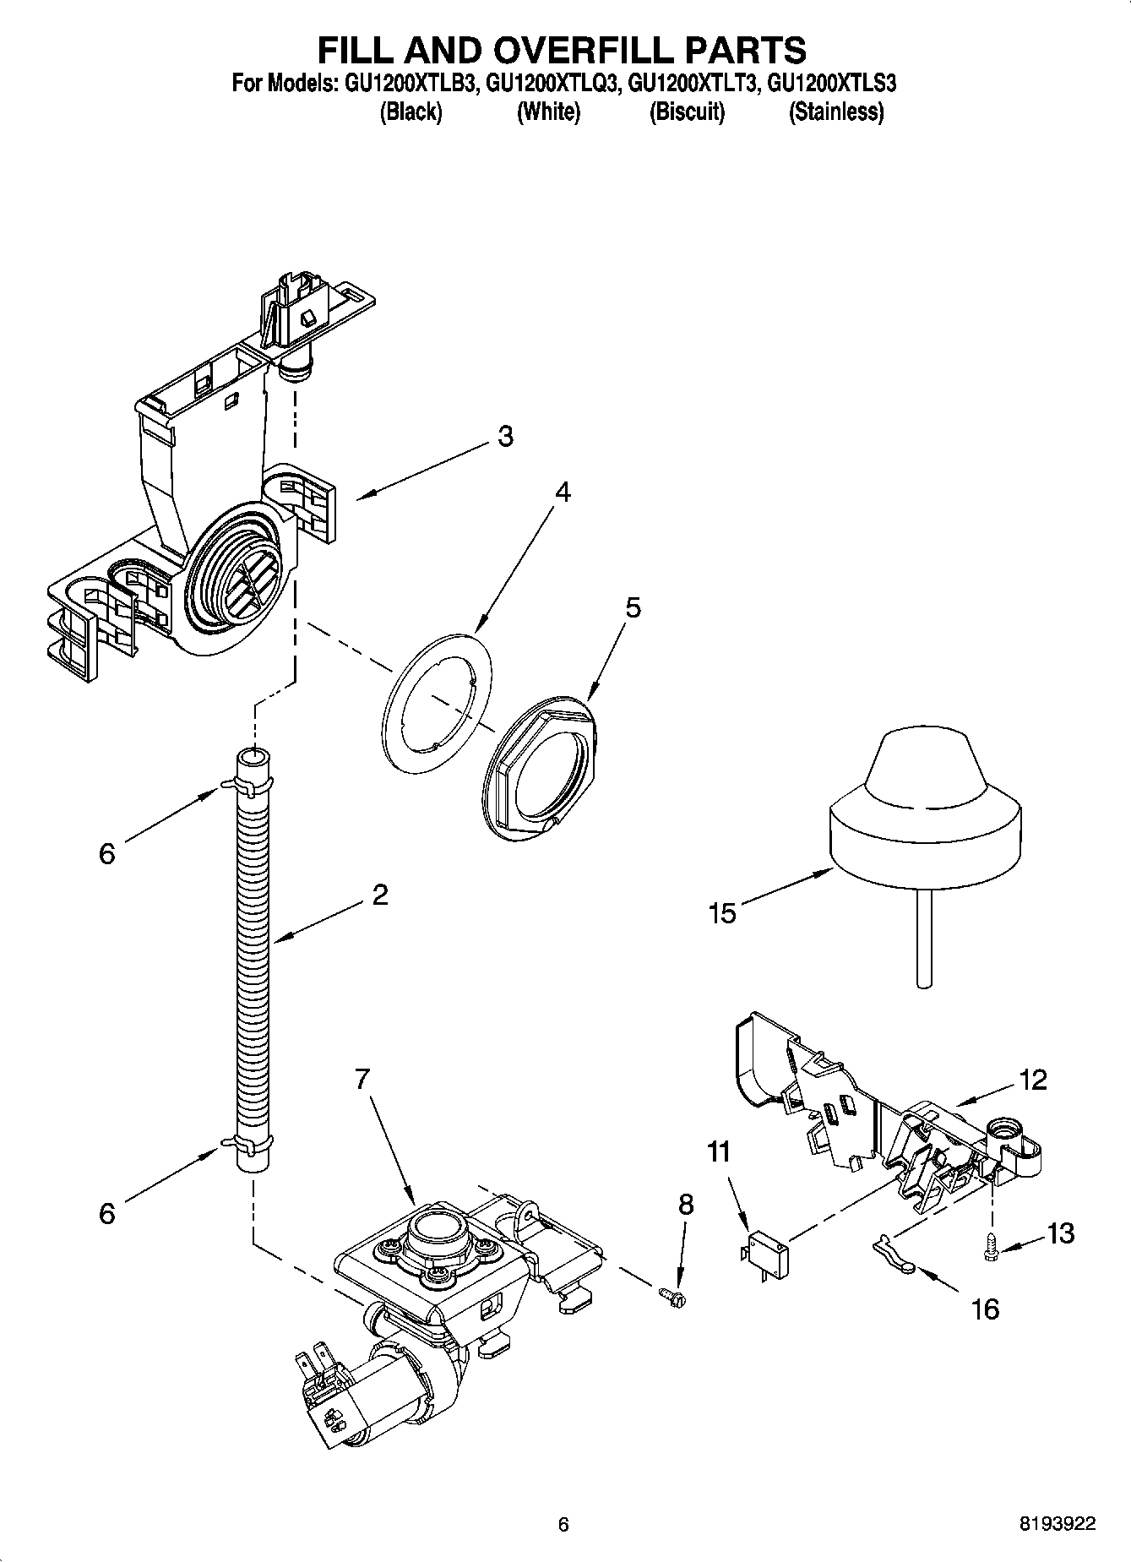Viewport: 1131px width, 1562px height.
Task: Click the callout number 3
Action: coord(504,437)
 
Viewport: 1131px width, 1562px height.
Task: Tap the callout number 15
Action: coord(723,913)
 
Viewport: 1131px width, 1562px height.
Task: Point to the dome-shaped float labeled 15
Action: coord(925,811)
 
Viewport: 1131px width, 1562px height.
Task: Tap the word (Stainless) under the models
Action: coord(835,112)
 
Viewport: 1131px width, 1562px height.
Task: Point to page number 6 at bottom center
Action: coord(563,1524)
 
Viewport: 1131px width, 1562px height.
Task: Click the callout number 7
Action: coord(362,1079)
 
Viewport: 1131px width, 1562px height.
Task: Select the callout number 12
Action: coord(1033,1079)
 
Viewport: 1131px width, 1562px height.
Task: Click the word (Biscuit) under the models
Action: coord(686,112)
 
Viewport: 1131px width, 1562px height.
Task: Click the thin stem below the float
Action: coord(925,938)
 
